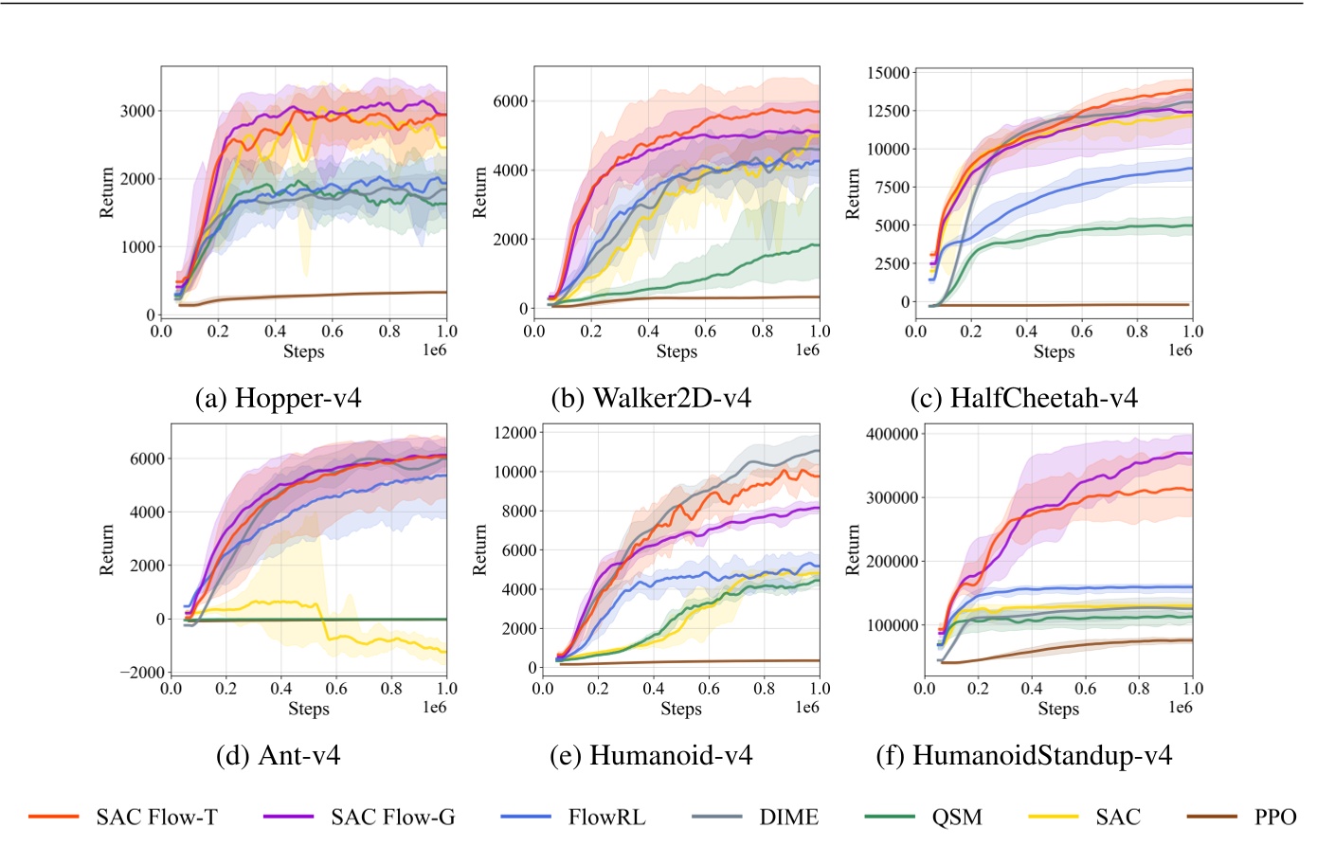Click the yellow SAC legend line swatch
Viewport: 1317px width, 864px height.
click(1053, 817)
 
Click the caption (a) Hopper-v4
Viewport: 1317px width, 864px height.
click(278, 398)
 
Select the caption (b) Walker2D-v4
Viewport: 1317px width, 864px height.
click(651, 398)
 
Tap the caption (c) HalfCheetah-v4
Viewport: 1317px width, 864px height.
click(1023, 398)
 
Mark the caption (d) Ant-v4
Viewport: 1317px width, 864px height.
click(278, 755)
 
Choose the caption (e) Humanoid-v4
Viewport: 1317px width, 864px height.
click(651, 755)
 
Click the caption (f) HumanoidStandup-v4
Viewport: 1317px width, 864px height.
click(1023, 755)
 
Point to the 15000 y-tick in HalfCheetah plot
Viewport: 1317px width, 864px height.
click(888, 73)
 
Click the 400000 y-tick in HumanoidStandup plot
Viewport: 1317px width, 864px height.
click(892, 434)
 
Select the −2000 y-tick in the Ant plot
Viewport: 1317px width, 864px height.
click(141, 673)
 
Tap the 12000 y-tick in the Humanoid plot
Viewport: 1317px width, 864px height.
click(515, 433)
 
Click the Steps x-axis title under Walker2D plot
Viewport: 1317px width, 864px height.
click(677, 351)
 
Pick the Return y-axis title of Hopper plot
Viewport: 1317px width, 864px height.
click(106, 192)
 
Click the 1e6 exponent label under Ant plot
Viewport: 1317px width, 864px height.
click(434, 708)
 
